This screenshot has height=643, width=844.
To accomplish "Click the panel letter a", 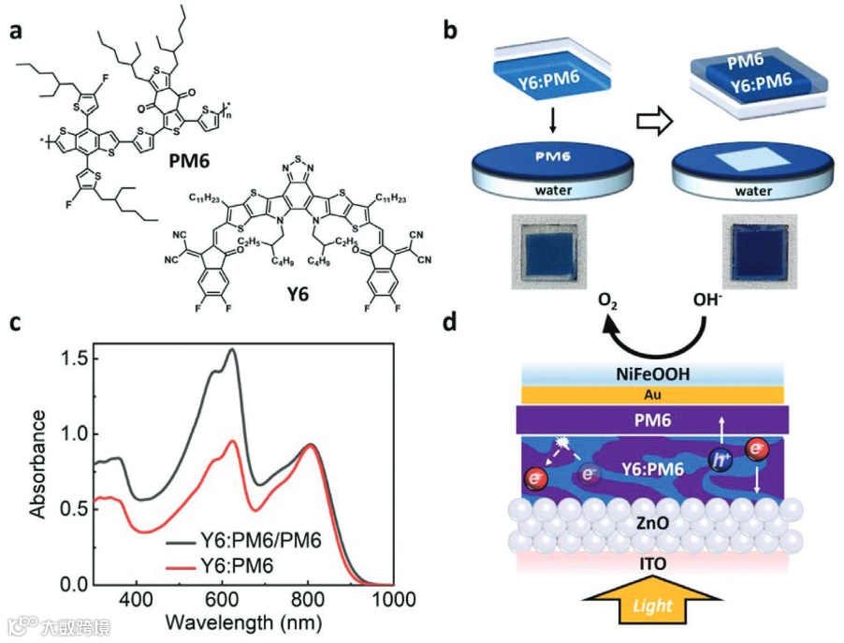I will point(16,32).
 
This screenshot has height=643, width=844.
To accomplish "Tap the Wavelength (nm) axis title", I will point(242,621).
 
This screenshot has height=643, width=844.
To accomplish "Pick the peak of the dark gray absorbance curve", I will point(232,349).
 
